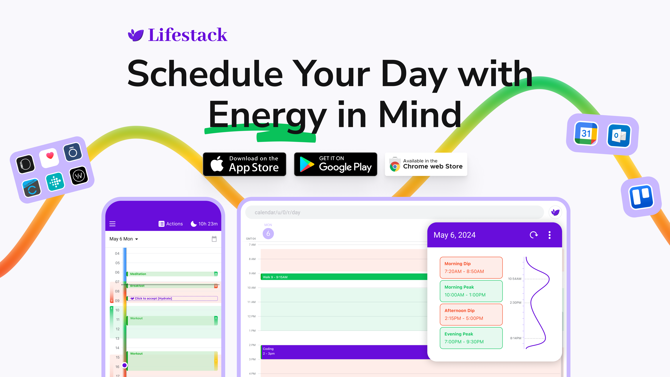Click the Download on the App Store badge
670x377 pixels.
tap(245, 164)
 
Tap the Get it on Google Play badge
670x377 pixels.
tap(335, 164)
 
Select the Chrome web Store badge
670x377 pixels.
tap(426, 164)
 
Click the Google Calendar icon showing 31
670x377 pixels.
tap(586, 134)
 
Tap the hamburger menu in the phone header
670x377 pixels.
tap(112, 224)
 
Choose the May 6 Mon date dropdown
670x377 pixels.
tap(124, 239)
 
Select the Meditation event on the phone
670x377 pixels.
tap(172, 274)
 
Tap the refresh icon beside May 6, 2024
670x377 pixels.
tap(533, 235)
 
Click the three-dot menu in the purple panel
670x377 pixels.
tap(550, 235)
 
